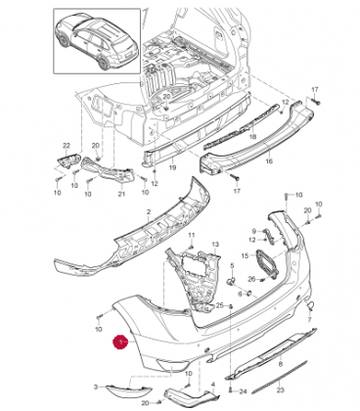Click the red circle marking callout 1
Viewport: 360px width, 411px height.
[120, 342]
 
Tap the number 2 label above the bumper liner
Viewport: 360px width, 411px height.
[149, 212]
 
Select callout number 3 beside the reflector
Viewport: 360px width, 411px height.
[96, 387]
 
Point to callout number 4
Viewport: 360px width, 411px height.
[213, 385]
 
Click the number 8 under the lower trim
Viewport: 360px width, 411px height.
[281, 364]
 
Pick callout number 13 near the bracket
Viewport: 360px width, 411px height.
[215, 244]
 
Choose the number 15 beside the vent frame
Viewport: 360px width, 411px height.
[246, 255]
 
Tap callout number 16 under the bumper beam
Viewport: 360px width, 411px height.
[269, 160]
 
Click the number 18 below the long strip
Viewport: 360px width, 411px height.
[252, 137]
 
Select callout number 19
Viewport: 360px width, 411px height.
[172, 167]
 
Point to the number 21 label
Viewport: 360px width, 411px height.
[121, 194]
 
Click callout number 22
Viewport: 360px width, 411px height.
[67, 145]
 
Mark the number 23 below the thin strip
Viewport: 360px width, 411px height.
[281, 389]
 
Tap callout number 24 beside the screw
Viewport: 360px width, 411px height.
[244, 391]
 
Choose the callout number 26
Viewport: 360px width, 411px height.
[251, 279]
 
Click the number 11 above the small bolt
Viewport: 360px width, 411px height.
[192, 235]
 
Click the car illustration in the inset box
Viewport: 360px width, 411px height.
[97, 41]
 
